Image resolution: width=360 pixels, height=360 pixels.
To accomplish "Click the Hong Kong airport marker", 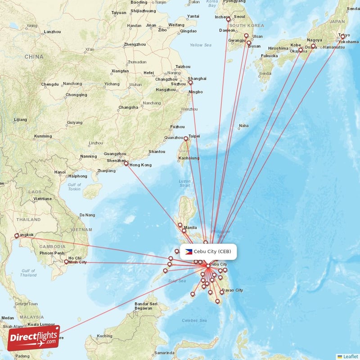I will (x=126, y=163).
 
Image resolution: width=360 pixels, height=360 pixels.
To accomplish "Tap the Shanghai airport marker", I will (x=190, y=82).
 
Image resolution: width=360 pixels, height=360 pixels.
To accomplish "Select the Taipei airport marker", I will (x=186, y=139).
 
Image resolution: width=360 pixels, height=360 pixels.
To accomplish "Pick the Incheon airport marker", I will (x=228, y=19).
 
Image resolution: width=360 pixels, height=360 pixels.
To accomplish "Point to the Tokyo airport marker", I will (x=342, y=37).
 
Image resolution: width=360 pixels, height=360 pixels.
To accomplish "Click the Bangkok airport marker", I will (x=17, y=235).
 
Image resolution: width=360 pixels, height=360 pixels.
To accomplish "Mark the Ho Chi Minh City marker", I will (x=66, y=261).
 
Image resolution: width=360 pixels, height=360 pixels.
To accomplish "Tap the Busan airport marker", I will (x=248, y=43).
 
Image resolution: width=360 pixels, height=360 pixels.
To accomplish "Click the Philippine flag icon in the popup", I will (x=189, y=252).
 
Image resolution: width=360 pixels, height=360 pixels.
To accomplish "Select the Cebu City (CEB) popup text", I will (x=212, y=252).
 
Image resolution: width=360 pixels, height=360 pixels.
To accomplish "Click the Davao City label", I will (x=232, y=290).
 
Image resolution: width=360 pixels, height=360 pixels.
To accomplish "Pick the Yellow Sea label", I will (x=200, y=45).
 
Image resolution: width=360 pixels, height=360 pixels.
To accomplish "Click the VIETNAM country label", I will (x=81, y=229).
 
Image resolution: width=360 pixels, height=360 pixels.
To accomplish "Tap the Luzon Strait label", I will (x=185, y=183).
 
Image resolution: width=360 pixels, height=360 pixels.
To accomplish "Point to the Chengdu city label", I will (x=50, y=84).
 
